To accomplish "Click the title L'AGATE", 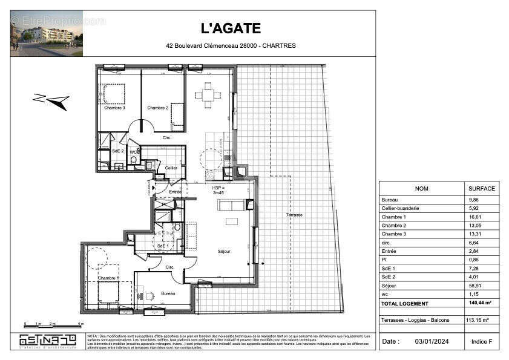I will pyautogui.click(x=231, y=28).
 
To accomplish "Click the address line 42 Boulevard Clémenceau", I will pyautogui.click(x=231, y=45).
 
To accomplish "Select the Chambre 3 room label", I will pyautogui.click(x=114, y=108).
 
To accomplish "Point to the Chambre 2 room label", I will pyautogui.click(x=157, y=108).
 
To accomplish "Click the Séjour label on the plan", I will pyautogui.click(x=224, y=251).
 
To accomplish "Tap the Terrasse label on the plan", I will pyautogui.click(x=295, y=215).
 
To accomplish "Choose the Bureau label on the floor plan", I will pyautogui.click(x=168, y=293).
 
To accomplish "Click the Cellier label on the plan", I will pyautogui.click(x=171, y=168).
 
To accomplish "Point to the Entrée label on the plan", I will pyautogui.click(x=175, y=192).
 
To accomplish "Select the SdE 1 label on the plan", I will pyautogui.click(x=162, y=246).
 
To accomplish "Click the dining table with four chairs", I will pyautogui.click(x=208, y=95).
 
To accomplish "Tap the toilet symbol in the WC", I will pyautogui.click(x=134, y=160).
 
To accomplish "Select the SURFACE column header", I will pyautogui.click(x=481, y=188).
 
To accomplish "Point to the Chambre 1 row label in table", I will pyautogui.click(x=394, y=217).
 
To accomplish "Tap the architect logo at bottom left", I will pyautogui.click(x=48, y=341).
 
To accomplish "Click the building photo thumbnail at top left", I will pyautogui.click(x=47, y=33).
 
